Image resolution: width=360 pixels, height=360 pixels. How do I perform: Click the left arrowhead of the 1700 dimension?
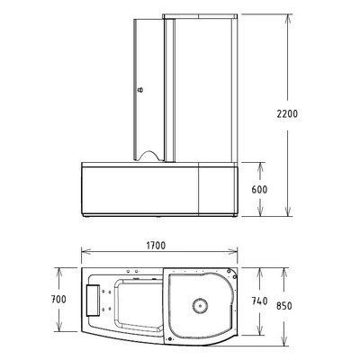pyautogui.click(x=84, y=252)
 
